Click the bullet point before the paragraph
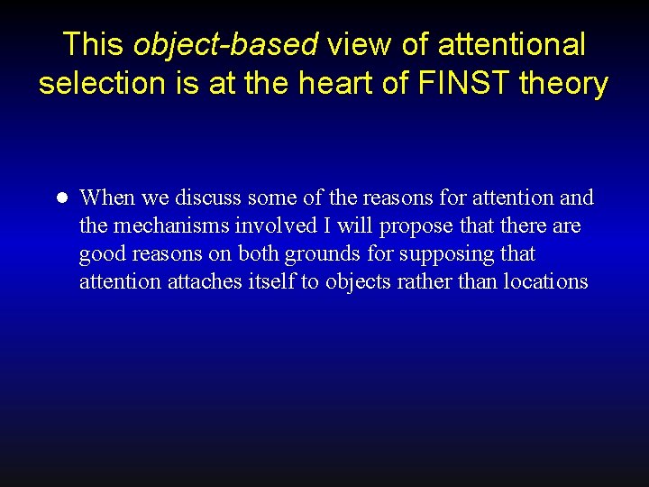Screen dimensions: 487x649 62,198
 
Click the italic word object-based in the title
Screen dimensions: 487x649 225,44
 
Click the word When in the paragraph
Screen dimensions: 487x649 106,198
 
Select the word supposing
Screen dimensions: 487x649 442,254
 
